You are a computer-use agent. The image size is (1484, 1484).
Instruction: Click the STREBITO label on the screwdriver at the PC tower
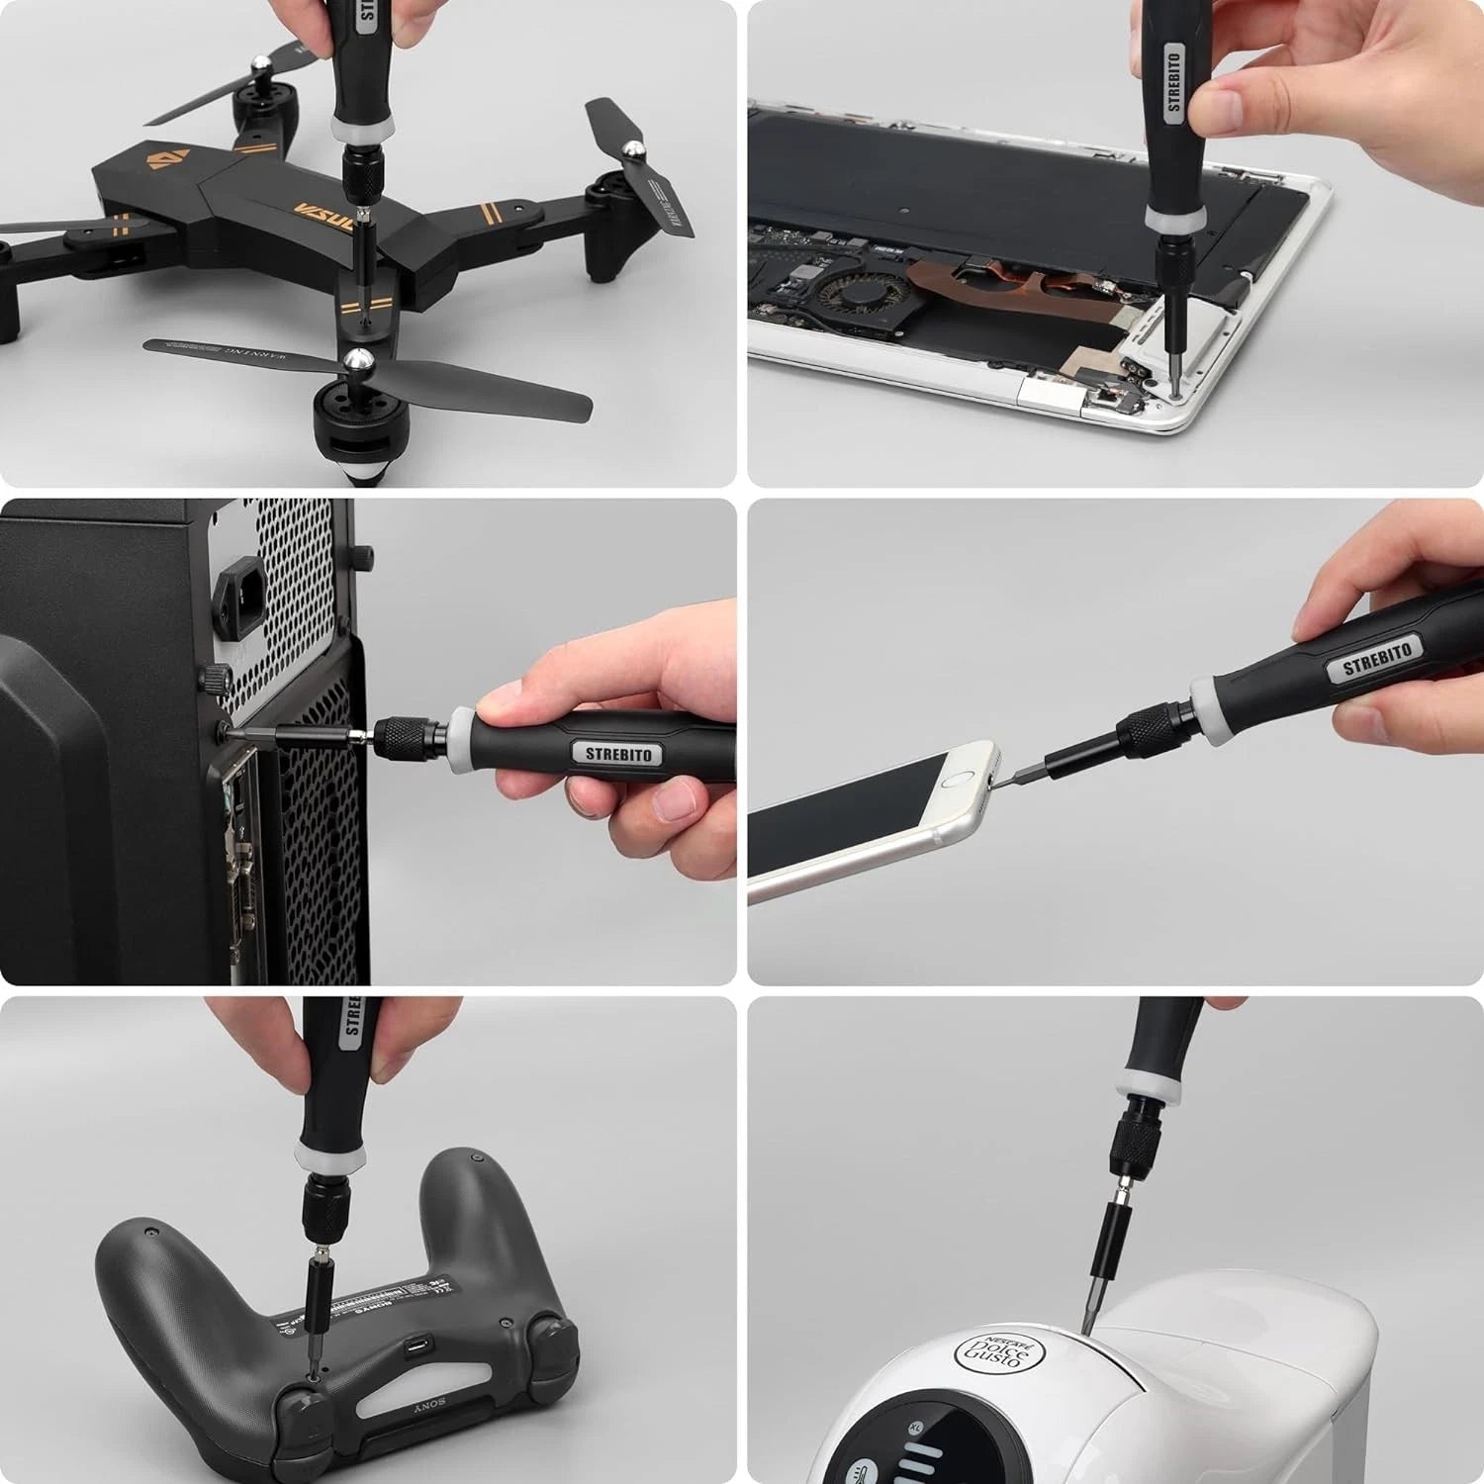[618, 754]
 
